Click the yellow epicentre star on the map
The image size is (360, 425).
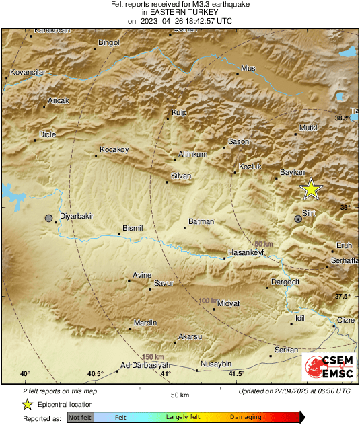pos(311,189)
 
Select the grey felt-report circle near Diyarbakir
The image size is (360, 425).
pos(48,218)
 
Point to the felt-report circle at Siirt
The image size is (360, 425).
pos(298,219)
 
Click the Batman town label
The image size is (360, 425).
pos(201,221)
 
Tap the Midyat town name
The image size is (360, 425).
pos(229,304)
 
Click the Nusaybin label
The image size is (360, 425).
pos(216,364)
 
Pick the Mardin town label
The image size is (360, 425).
pos(145,323)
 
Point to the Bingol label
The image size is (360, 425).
pos(108,42)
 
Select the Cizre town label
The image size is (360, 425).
pos(345,320)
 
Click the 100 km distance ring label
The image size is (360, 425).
pos(209,301)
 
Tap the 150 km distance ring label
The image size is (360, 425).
pos(153,356)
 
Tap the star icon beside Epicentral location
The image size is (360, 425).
pos(27,404)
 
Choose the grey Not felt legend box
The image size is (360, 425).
pos(80,418)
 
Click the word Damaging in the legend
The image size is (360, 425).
pos(246,418)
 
